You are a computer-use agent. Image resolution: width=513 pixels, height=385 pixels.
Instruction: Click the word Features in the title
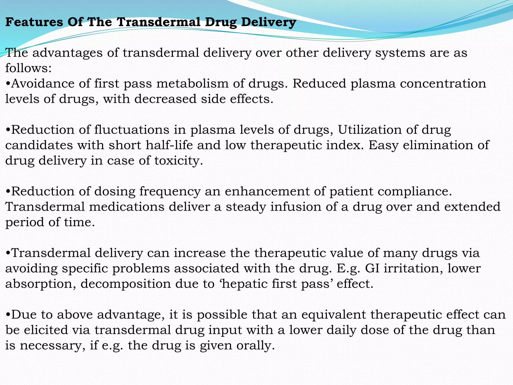(x=34, y=22)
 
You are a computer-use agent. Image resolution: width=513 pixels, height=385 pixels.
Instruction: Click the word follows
(x=28, y=68)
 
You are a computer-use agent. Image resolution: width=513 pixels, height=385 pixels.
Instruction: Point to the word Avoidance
(x=43, y=83)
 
